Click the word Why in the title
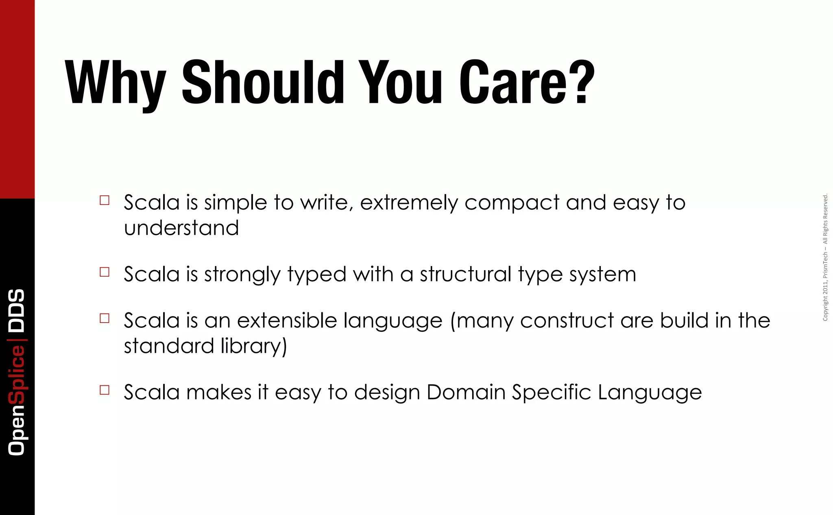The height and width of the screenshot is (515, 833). (116, 83)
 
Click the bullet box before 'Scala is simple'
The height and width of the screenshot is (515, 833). (105, 200)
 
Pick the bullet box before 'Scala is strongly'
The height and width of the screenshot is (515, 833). (105, 272)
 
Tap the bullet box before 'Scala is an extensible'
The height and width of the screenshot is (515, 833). (105, 318)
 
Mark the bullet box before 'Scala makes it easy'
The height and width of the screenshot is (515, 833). (105, 390)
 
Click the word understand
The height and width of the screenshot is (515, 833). (181, 228)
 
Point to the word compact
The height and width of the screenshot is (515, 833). (512, 203)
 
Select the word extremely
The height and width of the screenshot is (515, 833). (409, 203)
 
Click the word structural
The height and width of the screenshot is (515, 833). (465, 274)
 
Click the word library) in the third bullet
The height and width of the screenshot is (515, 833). (254, 347)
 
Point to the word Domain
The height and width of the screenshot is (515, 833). (466, 392)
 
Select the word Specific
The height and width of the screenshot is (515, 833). (551, 393)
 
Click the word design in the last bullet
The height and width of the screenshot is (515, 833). (387, 393)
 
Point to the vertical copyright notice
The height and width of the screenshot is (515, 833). (825, 257)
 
